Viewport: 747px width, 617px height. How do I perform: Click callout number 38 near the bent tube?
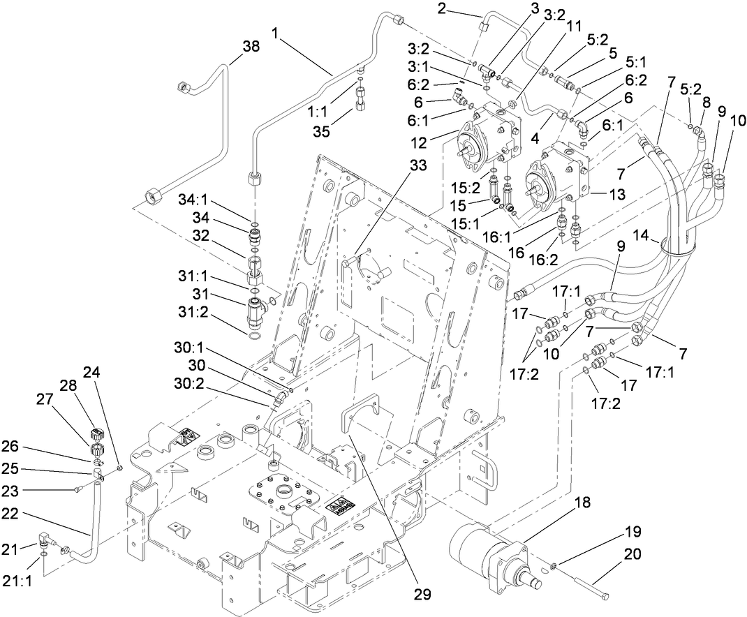pos(251,47)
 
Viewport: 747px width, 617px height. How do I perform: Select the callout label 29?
pos(421,595)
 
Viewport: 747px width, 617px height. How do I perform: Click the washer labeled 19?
pos(553,563)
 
